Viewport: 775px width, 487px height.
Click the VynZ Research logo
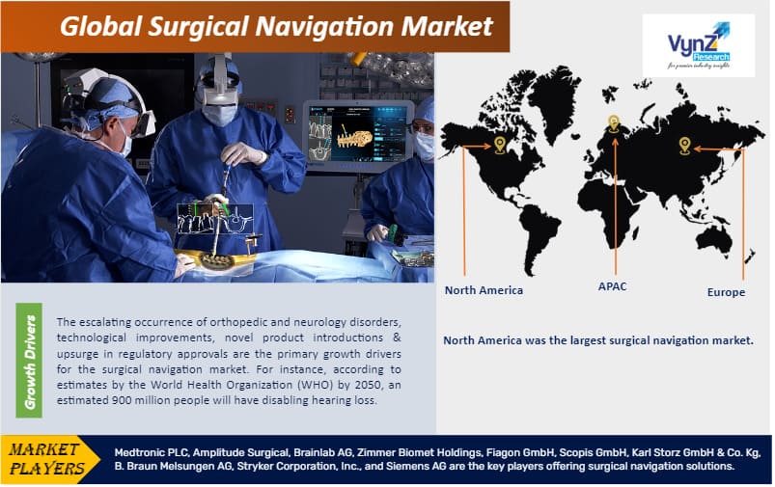tap(699, 45)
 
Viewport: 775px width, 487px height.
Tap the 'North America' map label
tap(484, 290)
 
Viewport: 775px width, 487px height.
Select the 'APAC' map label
tap(612, 286)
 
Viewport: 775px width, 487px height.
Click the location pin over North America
tap(499, 145)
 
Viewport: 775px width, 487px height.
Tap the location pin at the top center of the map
tap(613, 122)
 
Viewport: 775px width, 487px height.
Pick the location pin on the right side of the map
tap(684, 145)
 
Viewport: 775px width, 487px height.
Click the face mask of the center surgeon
tap(219, 115)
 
